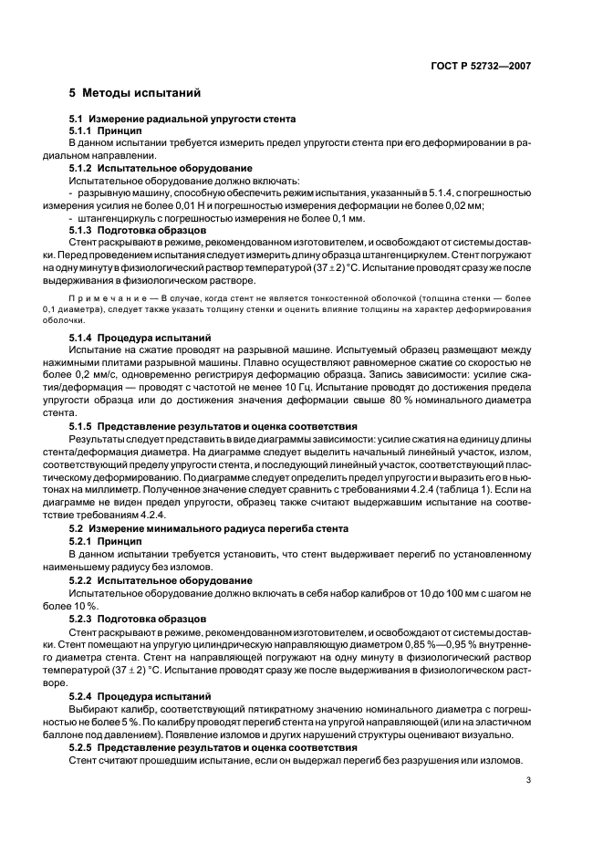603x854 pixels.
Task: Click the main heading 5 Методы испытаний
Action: [129, 93]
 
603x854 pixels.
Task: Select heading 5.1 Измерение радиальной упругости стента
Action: [182, 120]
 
